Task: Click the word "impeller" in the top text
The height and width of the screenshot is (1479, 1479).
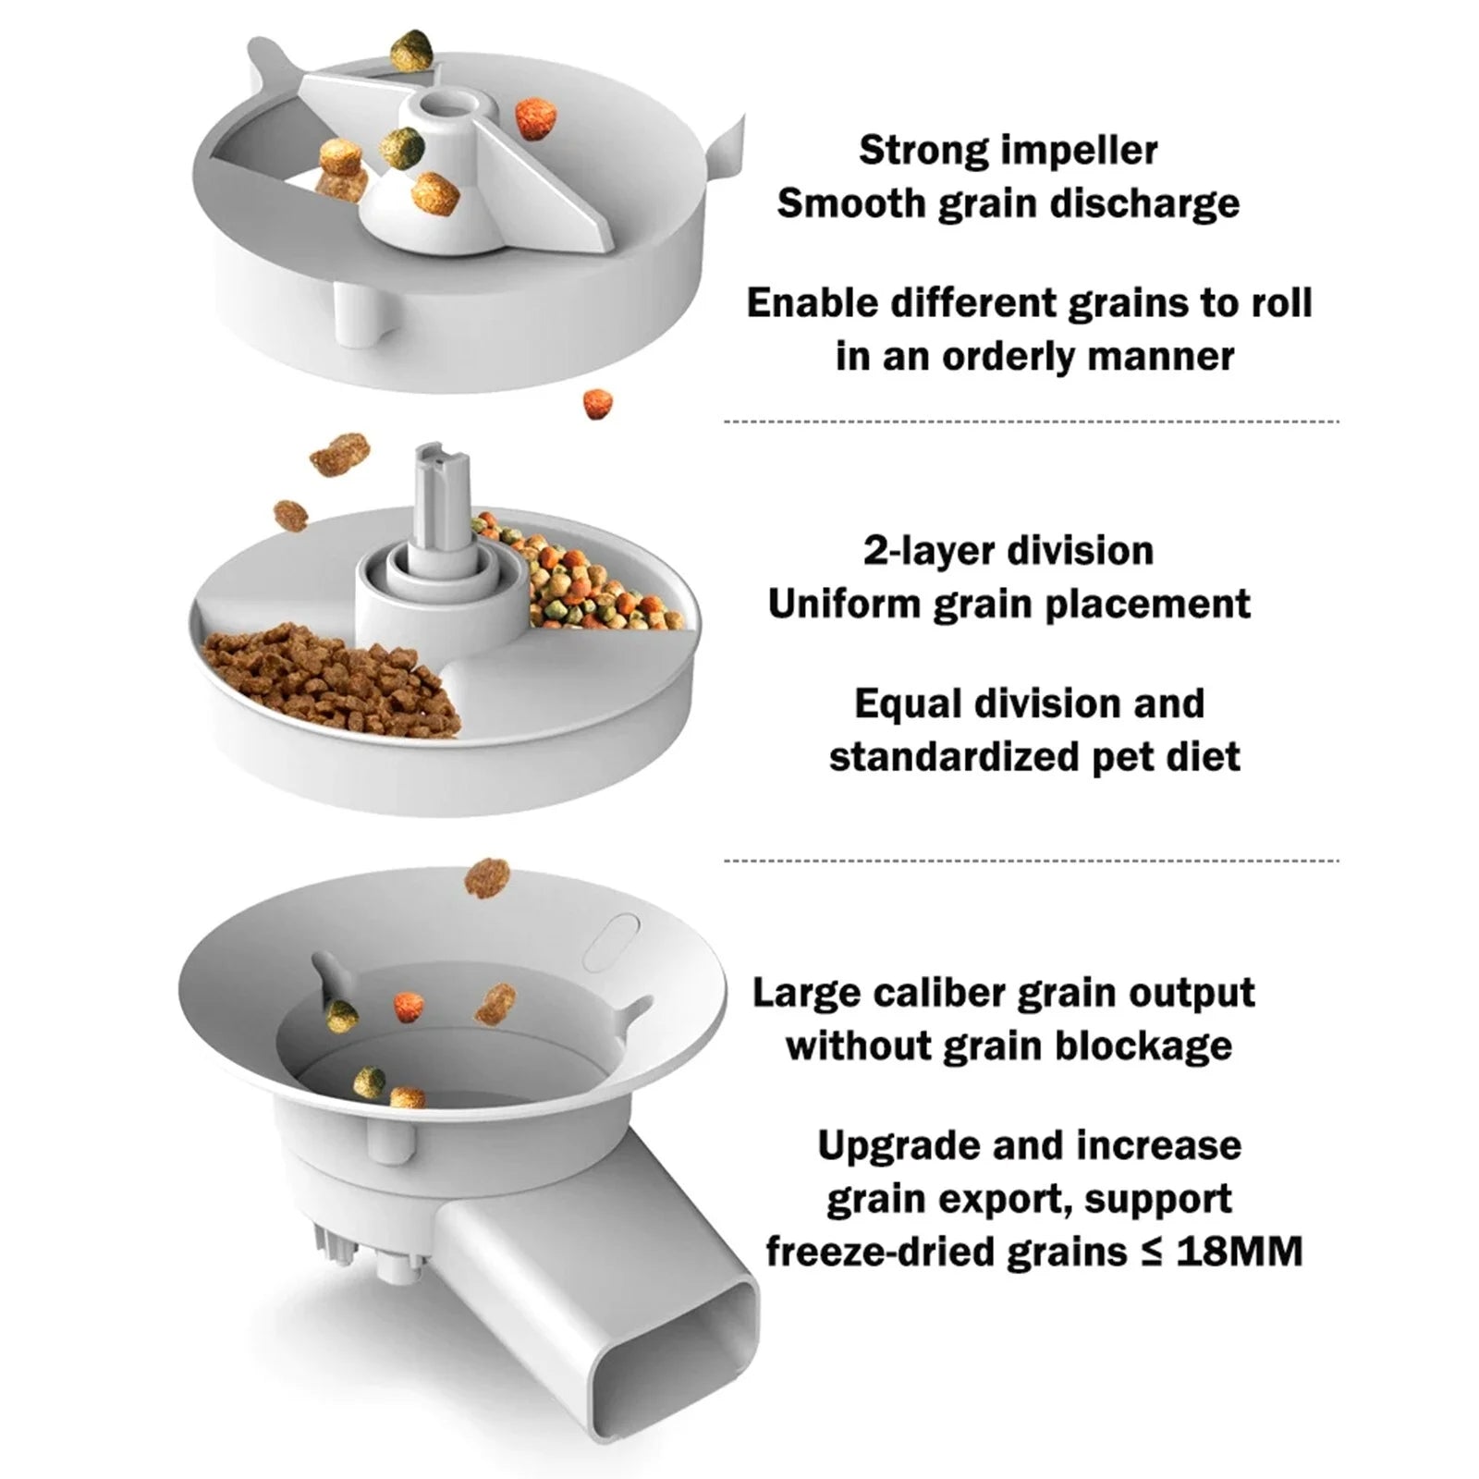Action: tap(1078, 151)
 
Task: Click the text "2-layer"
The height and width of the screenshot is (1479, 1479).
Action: tap(927, 551)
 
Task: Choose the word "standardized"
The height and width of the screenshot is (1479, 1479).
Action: tap(952, 757)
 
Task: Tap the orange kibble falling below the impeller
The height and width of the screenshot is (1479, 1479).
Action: tap(597, 403)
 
